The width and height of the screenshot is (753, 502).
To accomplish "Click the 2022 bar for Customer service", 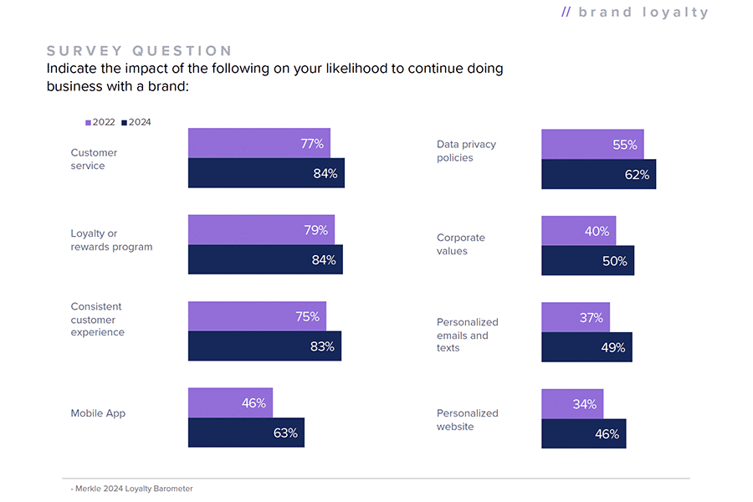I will (x=259, y=143).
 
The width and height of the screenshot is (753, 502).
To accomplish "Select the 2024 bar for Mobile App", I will (x=246, y=433).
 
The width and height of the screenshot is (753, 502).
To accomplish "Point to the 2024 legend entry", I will (x=136, y=122).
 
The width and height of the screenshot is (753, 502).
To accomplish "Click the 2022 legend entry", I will (x=100, y=122).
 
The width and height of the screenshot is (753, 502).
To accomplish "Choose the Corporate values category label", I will (x=461, y=244).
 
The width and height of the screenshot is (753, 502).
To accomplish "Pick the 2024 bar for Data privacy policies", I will (x=598, y=174).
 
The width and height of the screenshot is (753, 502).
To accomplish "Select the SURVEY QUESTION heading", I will (x=140, y=51).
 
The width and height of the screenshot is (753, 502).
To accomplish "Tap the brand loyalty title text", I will (x=635, y=13).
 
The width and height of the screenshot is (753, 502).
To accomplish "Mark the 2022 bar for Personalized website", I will (x=572, y=403).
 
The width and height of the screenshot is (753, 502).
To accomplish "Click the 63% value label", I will (x=285, y=433).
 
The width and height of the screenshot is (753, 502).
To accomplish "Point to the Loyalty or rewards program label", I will (x=111, y=240).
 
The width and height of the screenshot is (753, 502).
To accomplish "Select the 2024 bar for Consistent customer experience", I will (x=264, y=346).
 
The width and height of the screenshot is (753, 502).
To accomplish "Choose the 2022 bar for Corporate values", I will (x=578, y=230).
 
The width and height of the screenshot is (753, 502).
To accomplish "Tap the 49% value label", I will (x=613, y=347).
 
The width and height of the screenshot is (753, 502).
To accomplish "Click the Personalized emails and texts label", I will (x=467, y=335).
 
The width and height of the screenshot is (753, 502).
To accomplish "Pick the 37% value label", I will (x=591, y=317).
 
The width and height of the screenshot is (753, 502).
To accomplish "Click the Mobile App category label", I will (x=99, y=413).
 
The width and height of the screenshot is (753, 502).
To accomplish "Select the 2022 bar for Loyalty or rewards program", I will (x=261, y=229).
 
